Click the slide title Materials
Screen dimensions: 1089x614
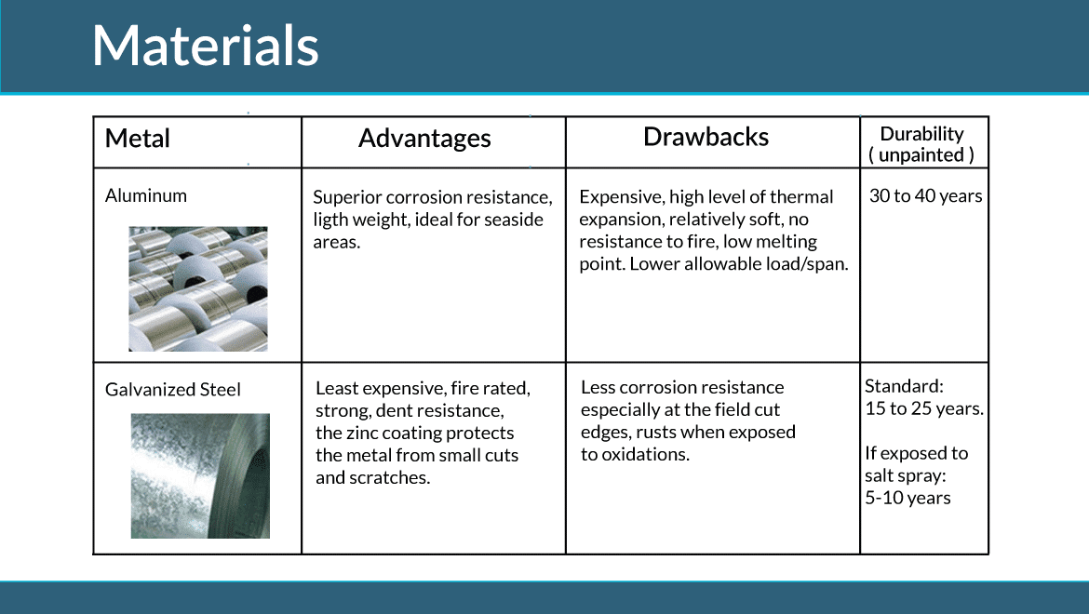click(x=206, y=46)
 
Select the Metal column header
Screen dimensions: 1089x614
click(x=138, y=139)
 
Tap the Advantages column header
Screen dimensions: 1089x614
click(x=424, y=139)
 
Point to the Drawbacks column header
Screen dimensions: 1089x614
click(x=706, y=138)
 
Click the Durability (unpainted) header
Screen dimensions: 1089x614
click(x=921, y=144)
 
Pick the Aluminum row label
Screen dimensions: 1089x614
click(x=146, y=195)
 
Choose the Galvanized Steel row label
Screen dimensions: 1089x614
click(x=173, y=390)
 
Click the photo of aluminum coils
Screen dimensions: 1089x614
click(x=198, y=288)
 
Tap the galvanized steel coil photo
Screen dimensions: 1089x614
click(x=200, y=476)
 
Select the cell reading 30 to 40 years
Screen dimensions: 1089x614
click(x=926, y=196)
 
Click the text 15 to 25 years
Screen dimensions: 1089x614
click(x=924, y=408)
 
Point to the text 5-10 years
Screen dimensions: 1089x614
click(x=907, y=498)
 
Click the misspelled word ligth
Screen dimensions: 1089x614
click(x=330, y=220)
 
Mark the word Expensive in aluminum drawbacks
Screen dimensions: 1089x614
click(x=622, y=197)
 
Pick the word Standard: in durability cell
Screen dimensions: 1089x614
click(x=905, y=386)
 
